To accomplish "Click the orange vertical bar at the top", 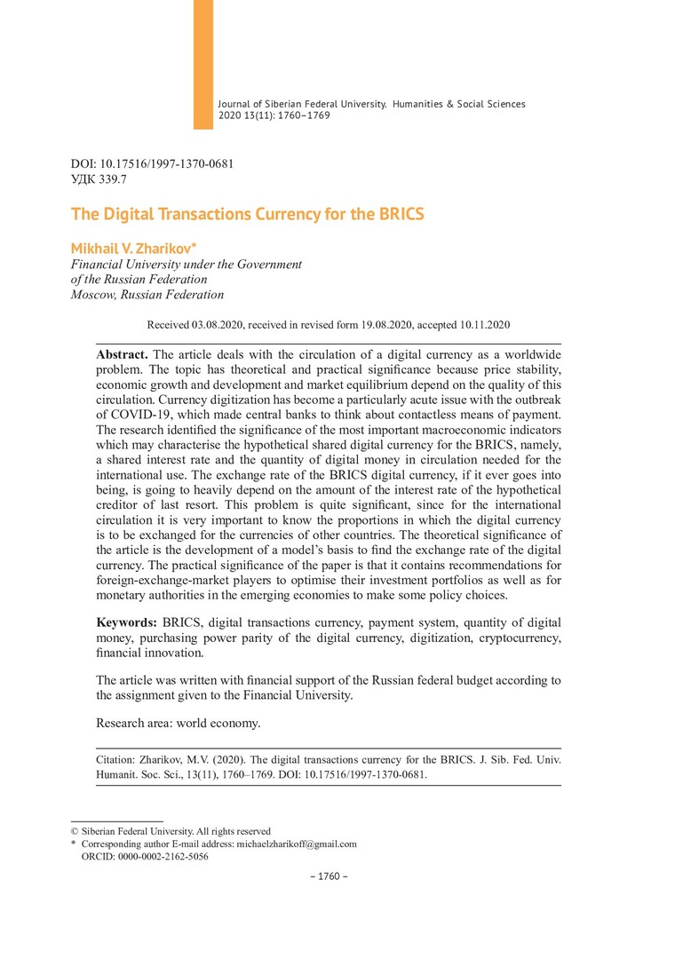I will coord(203,64).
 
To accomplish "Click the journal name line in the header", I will coord(371,104).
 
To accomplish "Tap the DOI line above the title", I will coord(152,164).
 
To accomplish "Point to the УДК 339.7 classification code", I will coord(99,179).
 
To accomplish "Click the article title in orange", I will coord(247,215).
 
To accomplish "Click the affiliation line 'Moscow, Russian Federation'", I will coord(147,295).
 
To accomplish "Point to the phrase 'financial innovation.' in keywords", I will coord(150,654).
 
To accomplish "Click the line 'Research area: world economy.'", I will coord(179,723).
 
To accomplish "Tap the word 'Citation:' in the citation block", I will coord(119,761).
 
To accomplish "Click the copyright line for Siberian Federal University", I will coord(171,831).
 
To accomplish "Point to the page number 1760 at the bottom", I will coord(329,877).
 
